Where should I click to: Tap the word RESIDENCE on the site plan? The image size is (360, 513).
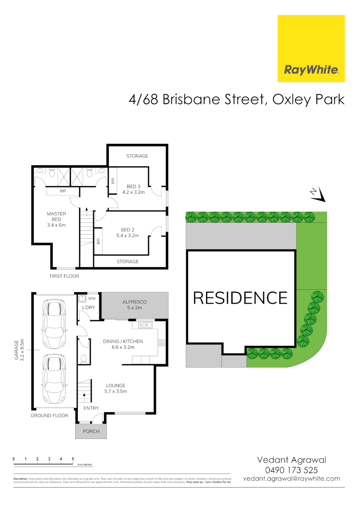[x=240, y=298]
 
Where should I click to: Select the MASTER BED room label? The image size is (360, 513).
[x=56, y=217]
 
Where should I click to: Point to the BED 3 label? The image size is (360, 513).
[x=133, y=186]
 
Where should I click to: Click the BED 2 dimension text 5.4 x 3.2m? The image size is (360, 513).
[x=127, y=235]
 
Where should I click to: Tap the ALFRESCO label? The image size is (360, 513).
[x=134, y=302]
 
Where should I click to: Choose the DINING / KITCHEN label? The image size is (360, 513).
[x=123, y=342]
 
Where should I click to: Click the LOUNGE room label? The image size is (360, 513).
[x=115, y=385]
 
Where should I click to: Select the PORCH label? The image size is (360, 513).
[x=91, y=431]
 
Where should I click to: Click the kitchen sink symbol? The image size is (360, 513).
[x=144, y=326]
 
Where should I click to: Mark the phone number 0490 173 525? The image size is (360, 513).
[x=292, y=470]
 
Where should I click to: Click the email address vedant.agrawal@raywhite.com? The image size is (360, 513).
[x=292, y=479]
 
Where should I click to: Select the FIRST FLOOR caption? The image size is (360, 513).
[x=65, y=276]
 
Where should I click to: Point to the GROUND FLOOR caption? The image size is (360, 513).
[x=49, y=416]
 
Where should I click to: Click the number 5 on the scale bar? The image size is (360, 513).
[x=73, y=458]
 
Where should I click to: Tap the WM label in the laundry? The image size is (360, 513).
[x=91, y=299]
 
